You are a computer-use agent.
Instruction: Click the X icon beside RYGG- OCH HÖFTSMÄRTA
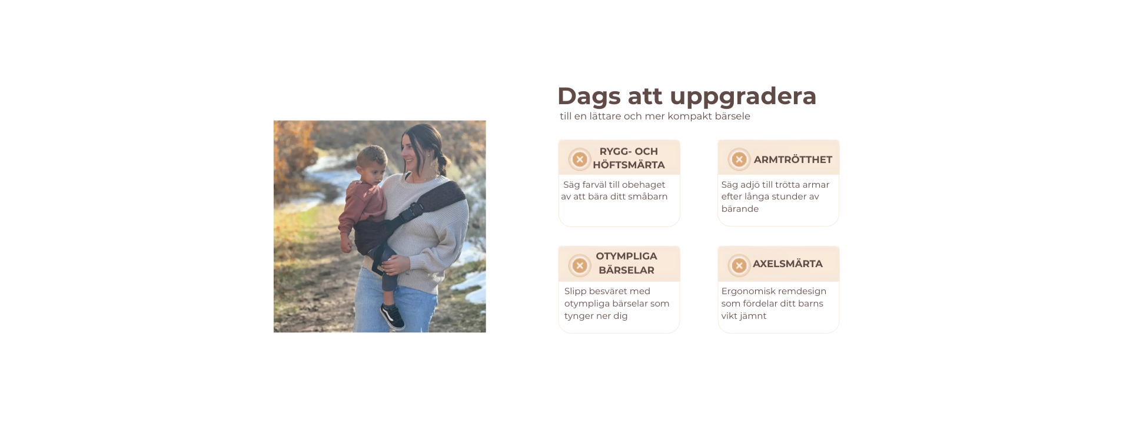(x=580, y=159)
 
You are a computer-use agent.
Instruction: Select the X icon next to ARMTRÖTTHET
(x=739, y=159)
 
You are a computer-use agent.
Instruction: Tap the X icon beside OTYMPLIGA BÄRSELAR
(x=580, y=265)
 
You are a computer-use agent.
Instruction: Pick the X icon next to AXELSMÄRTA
(x=739, y=265)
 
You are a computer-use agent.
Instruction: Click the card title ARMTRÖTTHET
(x=793, y=159)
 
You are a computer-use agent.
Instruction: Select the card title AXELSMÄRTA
(x=787, y=264)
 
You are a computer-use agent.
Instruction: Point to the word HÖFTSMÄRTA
(x=629, y=165)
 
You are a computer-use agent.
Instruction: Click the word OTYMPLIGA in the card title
(x=626, y=256)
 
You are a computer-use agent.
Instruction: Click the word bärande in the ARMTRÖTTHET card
(x=740, y=209)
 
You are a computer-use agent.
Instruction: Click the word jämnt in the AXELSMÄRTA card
(x=753, y=316)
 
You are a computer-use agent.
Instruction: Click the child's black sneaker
(x=393, y=316)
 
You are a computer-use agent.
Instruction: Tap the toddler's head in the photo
(x=373, y=161)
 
